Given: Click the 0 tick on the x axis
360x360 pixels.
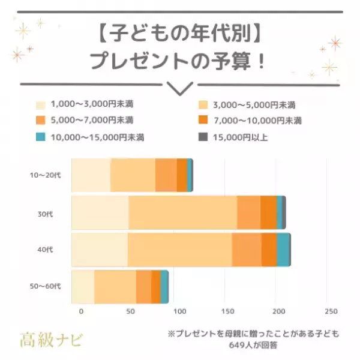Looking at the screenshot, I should point(81,311).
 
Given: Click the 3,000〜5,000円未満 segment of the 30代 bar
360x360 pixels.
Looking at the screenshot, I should point(182,212).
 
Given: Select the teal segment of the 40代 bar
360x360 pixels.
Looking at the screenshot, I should point(283,250).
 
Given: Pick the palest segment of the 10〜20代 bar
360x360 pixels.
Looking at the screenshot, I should point(91,175).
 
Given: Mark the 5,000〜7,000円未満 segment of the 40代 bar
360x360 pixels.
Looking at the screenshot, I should point(247,250).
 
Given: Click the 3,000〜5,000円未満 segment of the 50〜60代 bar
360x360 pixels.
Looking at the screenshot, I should point(115,287).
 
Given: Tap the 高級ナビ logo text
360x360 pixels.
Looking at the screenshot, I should point(52,340).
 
